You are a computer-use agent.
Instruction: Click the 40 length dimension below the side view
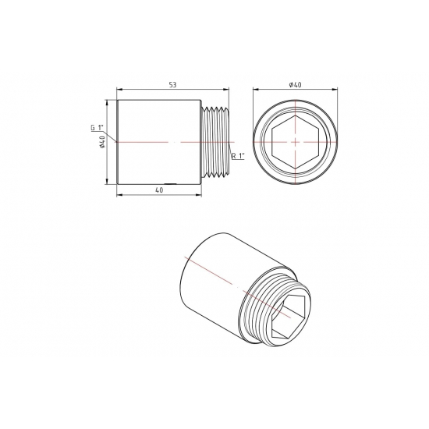coord(159,190)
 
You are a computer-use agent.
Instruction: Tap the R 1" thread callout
coord(239,157)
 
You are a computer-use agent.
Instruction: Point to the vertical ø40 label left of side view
coord(102,141)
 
